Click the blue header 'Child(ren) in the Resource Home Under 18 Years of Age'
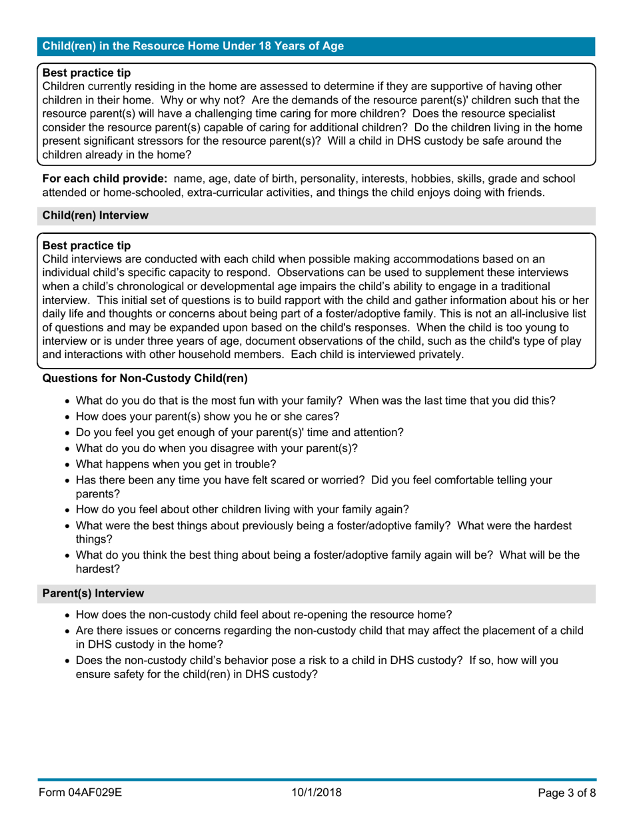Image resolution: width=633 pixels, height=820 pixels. [x=193, y=46]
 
